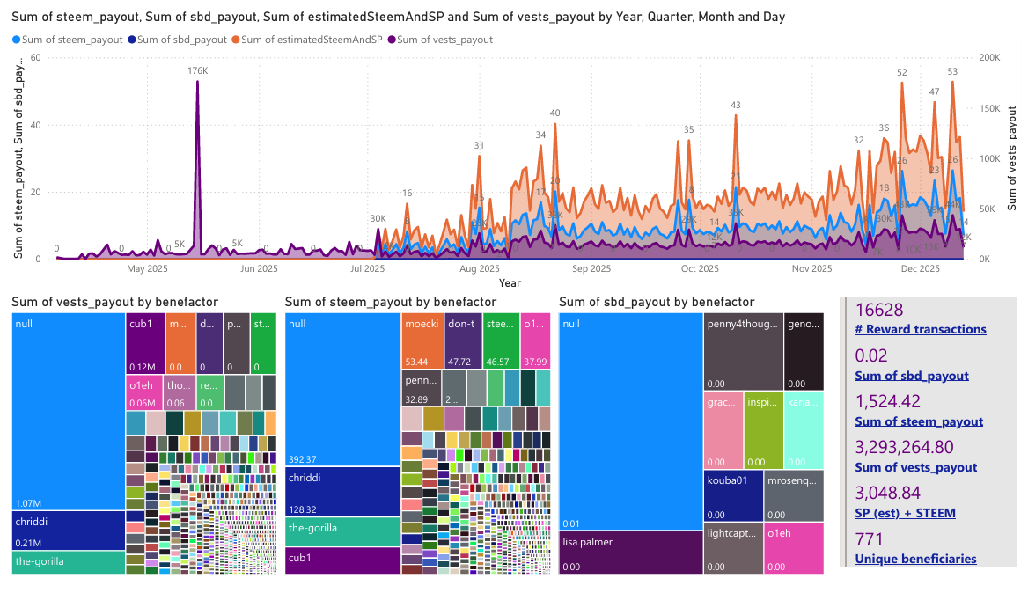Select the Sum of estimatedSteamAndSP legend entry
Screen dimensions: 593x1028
[x=311, y=40]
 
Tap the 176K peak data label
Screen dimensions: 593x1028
[x=197, y=70]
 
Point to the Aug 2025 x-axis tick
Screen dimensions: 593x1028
[x=480, y=269]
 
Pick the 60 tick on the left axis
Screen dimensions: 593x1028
[x=36, y=57]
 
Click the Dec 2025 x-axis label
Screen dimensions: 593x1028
[x=922, y=269]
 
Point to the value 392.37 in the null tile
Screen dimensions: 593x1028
[x=304, y=458]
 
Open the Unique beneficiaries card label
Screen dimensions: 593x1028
[x=915, y=559]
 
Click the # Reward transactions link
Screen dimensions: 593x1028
[x=921, y=330]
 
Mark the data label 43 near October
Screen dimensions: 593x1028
[x=736, y=106]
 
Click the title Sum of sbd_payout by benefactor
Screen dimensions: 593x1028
[x=657, y=302]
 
